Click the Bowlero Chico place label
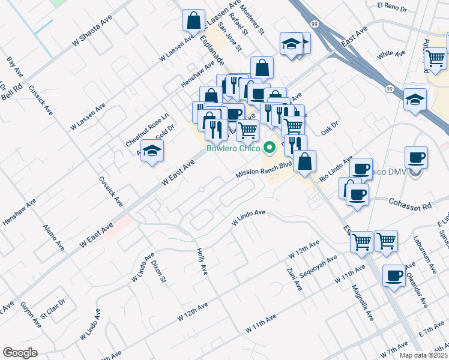233,148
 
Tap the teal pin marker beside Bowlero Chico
270,146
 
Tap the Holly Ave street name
202,259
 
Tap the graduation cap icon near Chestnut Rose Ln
152,151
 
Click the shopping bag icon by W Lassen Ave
194,21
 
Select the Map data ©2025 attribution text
423,355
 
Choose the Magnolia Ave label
363,301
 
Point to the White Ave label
391,54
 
